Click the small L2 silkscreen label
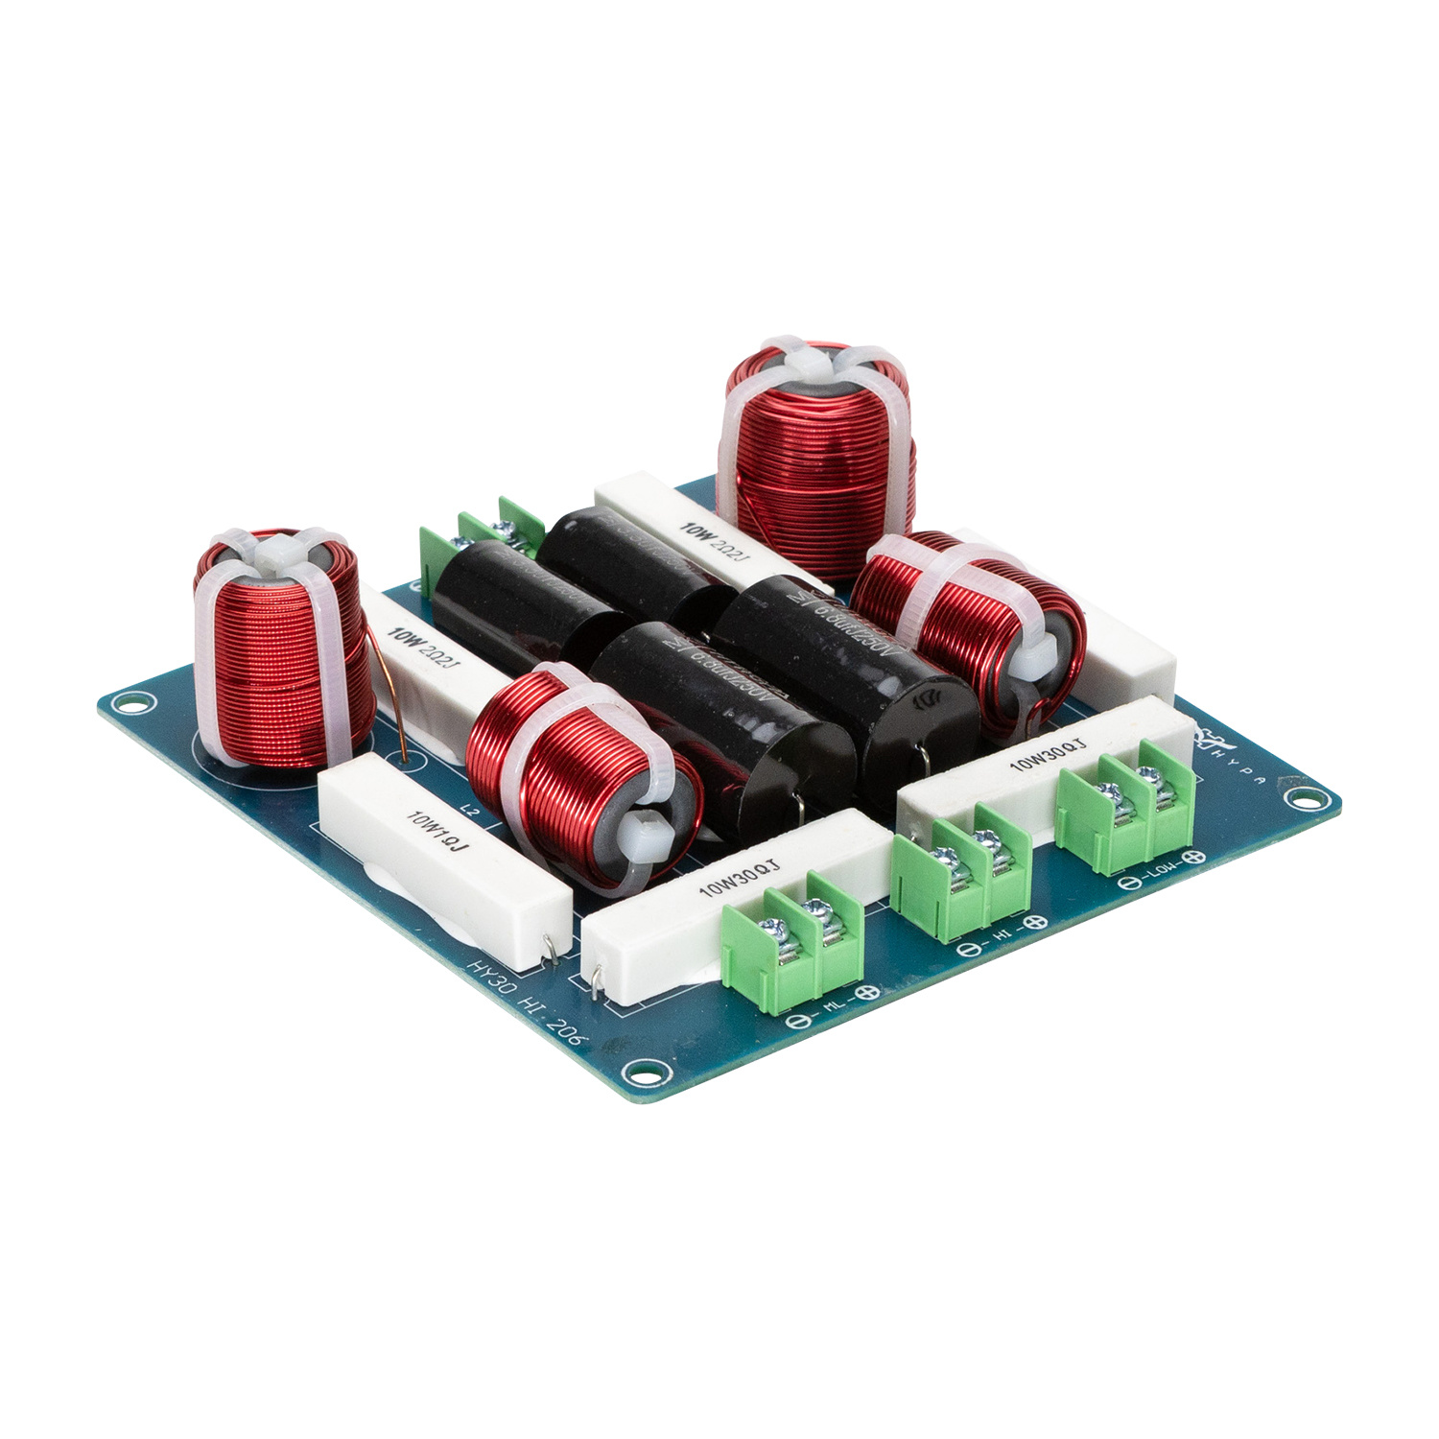[x=470, y=812]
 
